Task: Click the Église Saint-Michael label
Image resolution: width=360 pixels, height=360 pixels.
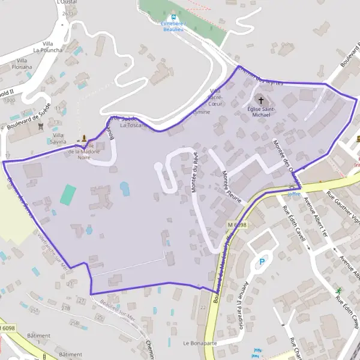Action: (x=262, y=112)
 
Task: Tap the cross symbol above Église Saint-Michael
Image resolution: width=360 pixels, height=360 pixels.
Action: (x=260, y=100)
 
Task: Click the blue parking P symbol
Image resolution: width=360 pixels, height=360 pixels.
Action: (x=261, y=262)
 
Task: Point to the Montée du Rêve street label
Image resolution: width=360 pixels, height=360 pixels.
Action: (x=194, y=172)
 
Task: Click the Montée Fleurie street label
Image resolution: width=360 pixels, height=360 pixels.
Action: (x=231, y=187)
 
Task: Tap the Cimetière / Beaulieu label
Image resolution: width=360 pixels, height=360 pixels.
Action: (x=174, y=26)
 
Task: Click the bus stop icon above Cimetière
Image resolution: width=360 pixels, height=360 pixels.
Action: (x=173, y=17)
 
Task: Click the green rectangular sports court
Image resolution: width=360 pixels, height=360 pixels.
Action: (x=68, y=194)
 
